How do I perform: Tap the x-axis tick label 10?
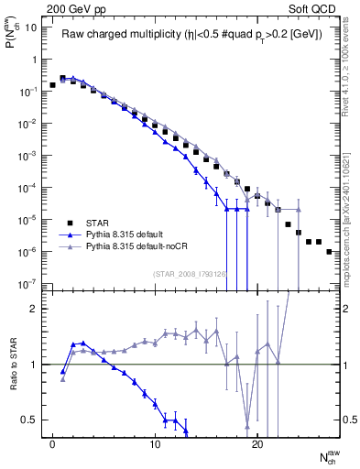(x=155, y=445)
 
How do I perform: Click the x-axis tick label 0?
(x=52, y=445)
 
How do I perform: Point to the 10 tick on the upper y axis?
(x=31, y=27)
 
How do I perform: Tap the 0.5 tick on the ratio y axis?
(x=30, y=420)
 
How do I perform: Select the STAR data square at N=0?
(x=52, y=84)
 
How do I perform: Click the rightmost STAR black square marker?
(x=329, y=251)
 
